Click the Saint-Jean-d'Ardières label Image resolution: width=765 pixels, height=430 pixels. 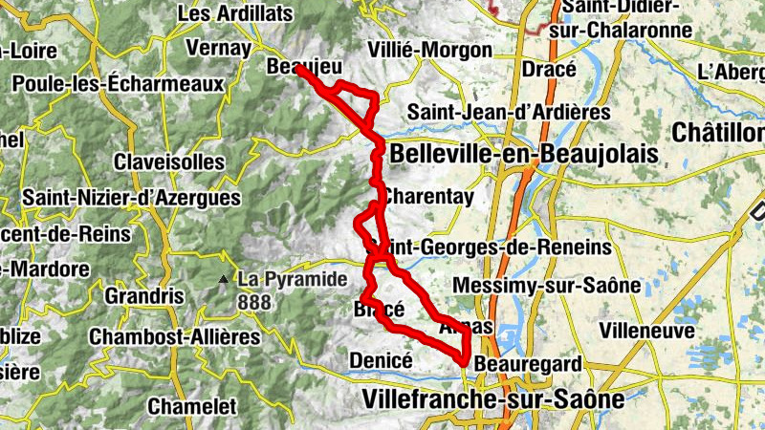[x=509, y=112]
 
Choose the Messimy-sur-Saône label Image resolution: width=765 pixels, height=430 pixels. [x=547, y=285]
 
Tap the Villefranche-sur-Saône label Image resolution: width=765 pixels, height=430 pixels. [x=493, y=398]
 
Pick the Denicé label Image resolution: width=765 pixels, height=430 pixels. [x=381, y=360]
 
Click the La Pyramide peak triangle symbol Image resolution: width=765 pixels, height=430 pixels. [x=223, y=280]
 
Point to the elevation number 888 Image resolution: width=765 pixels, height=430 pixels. [x=256, y=303]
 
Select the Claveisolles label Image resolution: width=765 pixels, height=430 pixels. [x=168, y=161]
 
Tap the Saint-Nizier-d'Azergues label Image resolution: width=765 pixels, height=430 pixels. [x=132, y=198]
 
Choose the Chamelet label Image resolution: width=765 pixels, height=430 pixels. [x=191, y=406]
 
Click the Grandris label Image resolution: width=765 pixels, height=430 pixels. [x=144, y=296]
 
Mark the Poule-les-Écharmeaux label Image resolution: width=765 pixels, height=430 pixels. [x=118, y=83]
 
